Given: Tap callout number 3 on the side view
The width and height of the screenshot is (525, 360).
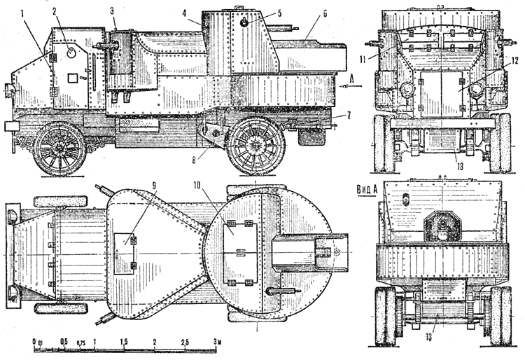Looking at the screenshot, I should (112, 11).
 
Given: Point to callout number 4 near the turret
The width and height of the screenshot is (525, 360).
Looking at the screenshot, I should (183, 12).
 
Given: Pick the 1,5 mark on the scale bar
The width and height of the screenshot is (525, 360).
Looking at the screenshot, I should (124, 342).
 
